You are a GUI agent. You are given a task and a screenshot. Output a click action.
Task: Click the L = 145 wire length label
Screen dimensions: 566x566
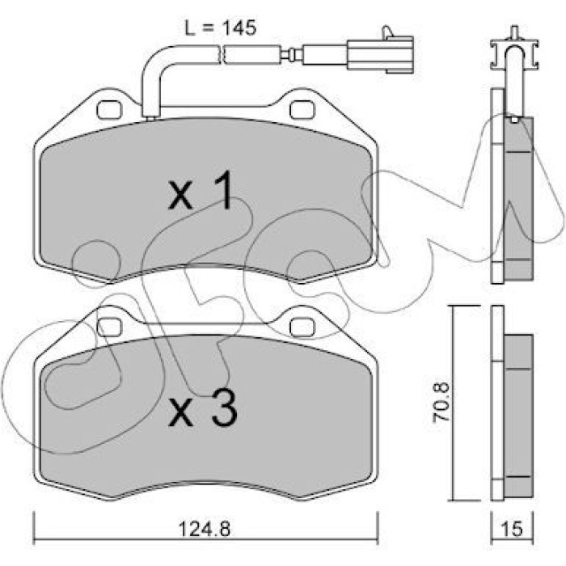coord(221,27)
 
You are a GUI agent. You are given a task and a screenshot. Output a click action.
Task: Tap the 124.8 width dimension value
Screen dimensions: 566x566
coord(205,530)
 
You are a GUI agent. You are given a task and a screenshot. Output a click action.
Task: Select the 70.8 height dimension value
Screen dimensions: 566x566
coord(441,401)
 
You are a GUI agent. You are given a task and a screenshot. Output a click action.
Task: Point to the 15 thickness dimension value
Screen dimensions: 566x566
coord(513,529)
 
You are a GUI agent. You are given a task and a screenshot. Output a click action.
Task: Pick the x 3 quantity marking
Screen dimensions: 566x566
coord(203,408)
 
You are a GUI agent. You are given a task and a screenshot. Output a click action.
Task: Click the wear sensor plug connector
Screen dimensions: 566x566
coord(380,54)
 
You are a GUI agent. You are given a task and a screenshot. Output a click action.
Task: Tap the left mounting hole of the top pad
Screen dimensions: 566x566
coord(109,109)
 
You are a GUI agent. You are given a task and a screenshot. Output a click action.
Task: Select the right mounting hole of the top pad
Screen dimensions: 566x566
coord(302,109)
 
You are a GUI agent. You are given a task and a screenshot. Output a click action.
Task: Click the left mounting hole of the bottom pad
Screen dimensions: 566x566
coord(109,327)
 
